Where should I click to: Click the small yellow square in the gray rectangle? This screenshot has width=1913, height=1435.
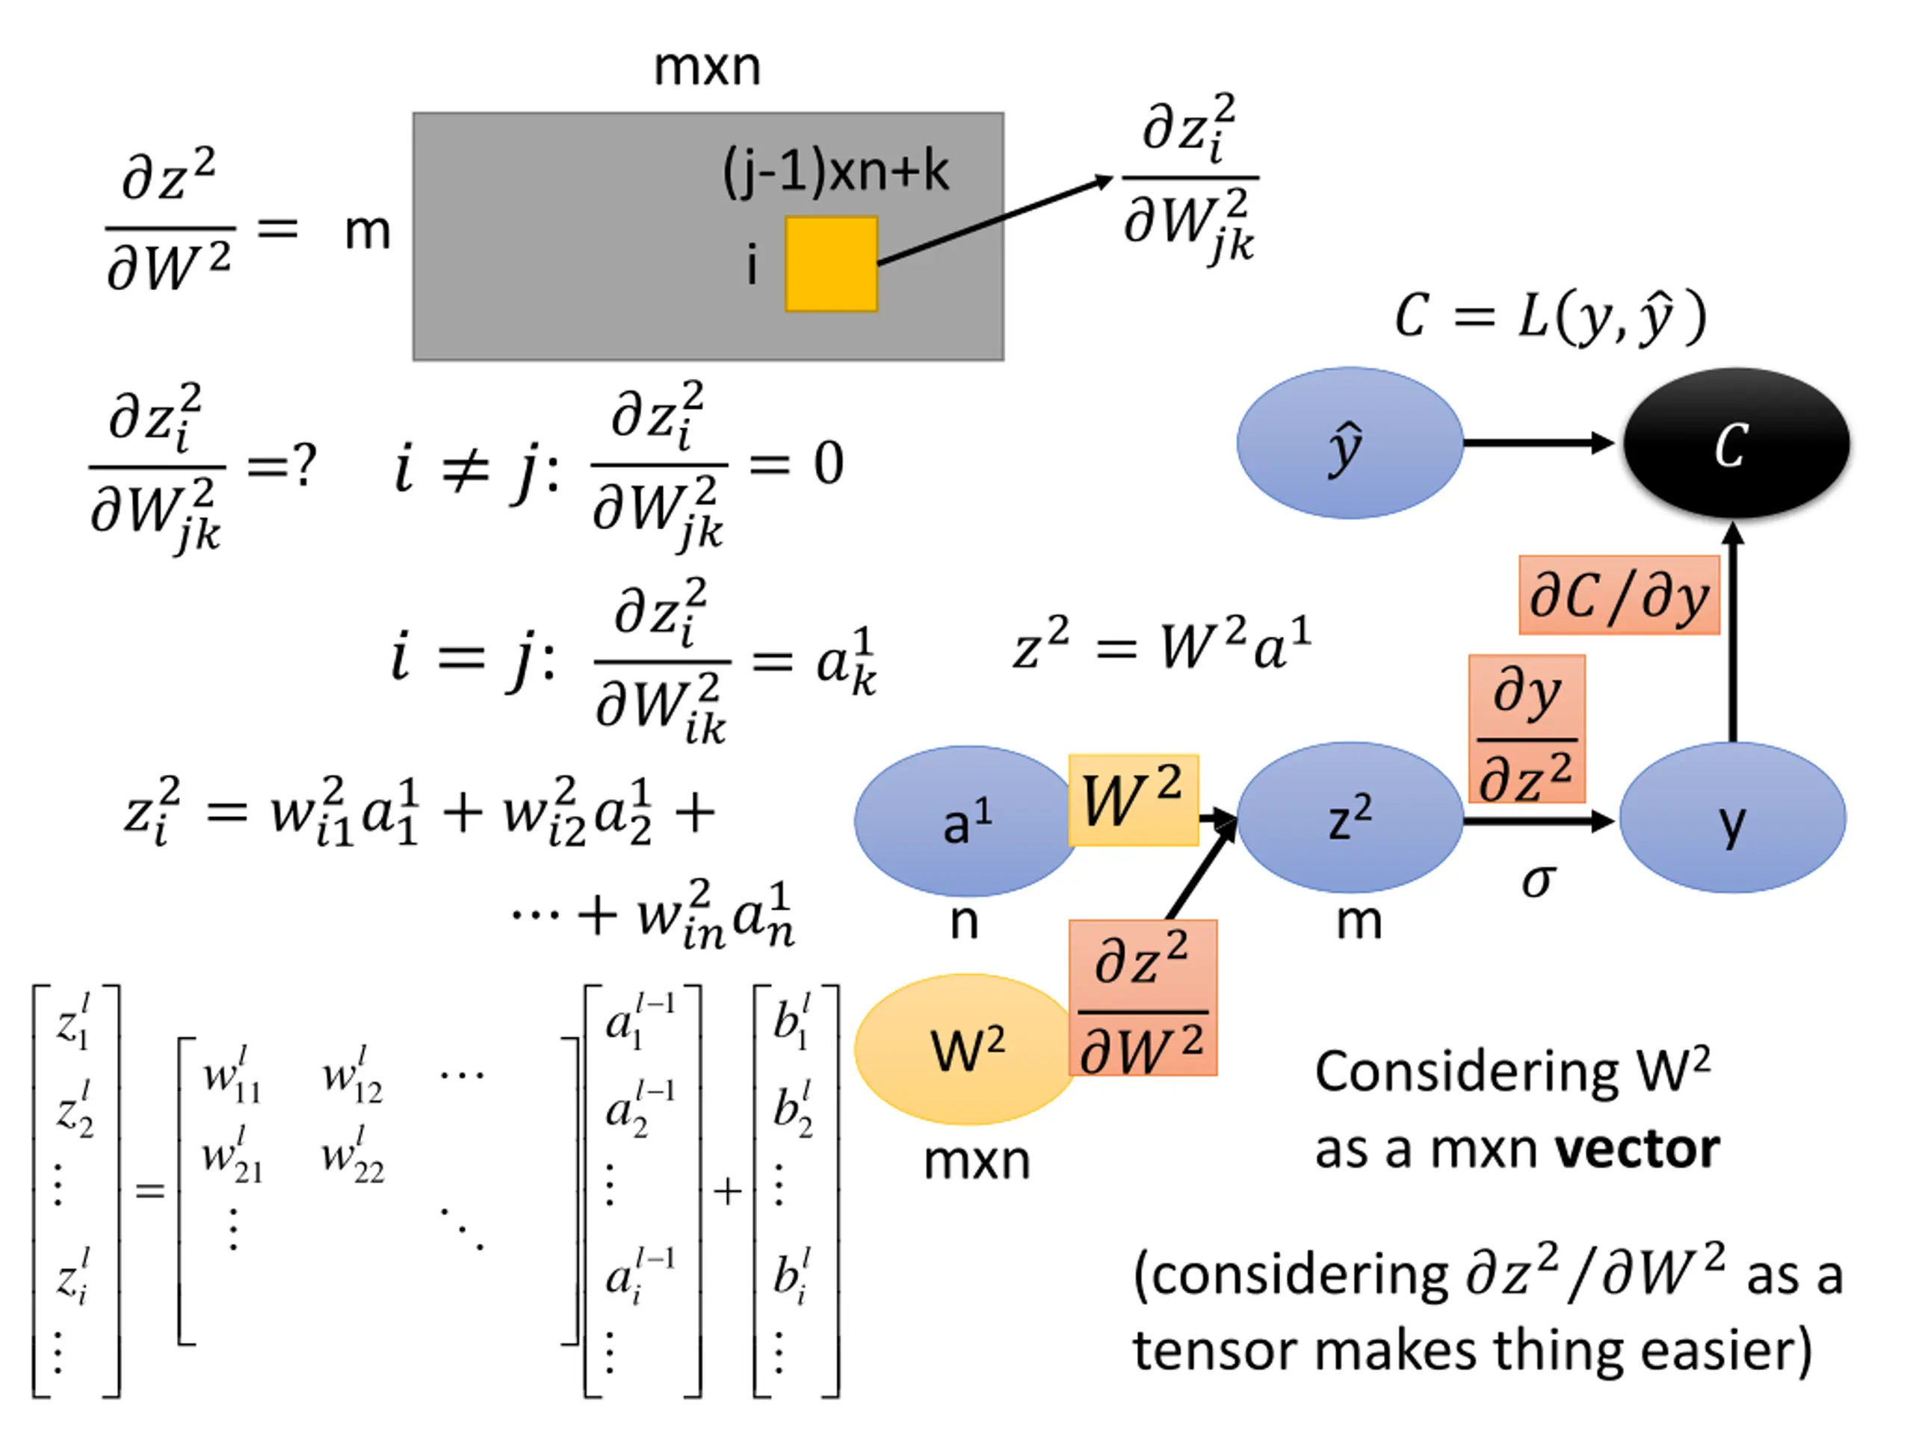831,264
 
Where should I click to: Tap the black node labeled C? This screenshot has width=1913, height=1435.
1736,443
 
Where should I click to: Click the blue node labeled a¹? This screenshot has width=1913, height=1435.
967,821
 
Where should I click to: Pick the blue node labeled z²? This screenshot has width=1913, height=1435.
1350,818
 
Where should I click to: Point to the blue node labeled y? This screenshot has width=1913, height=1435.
1732,818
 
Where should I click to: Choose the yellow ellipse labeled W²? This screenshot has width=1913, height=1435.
967,1049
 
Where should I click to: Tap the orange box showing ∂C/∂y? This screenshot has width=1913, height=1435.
1619,595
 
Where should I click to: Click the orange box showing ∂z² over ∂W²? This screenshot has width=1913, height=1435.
1143,997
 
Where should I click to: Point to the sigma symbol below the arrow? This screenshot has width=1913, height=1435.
1539,881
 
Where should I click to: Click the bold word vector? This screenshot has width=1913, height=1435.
1637,1149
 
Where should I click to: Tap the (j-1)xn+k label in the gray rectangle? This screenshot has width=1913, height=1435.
835,170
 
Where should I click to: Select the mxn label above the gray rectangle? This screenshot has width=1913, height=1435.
708,67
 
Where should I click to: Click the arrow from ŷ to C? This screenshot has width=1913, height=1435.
1539,443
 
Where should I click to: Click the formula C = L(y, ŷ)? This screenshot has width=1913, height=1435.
1551,317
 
